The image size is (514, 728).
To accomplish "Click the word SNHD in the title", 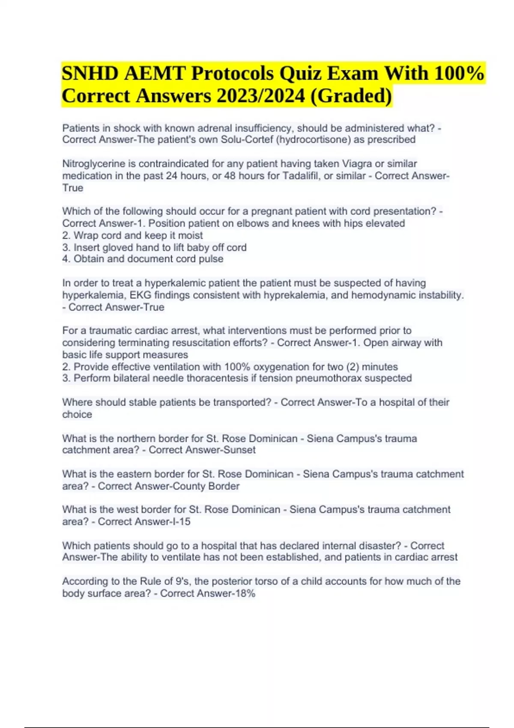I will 90,73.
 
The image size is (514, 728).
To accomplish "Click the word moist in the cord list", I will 191,235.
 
